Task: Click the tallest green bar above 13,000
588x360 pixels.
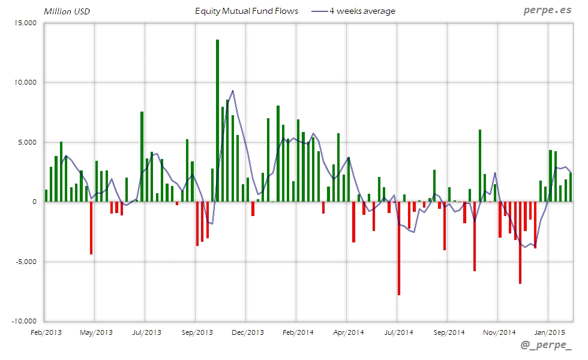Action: [x=217, y=120]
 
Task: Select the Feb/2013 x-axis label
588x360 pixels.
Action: [x=45, y=332]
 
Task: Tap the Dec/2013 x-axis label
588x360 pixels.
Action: [x=247, y=332]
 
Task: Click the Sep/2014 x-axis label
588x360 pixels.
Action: [x=449, y=332]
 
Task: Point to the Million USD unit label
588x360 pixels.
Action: [x=67, y=11]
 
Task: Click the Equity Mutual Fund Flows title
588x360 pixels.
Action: [x=247, y=11]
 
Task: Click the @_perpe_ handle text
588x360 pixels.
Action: [x=545, y=346]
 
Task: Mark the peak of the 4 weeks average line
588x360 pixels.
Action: [x=232, y=91]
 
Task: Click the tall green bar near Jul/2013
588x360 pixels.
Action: [x=142, y=156]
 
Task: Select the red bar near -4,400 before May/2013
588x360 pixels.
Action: [x=91, y=228]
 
